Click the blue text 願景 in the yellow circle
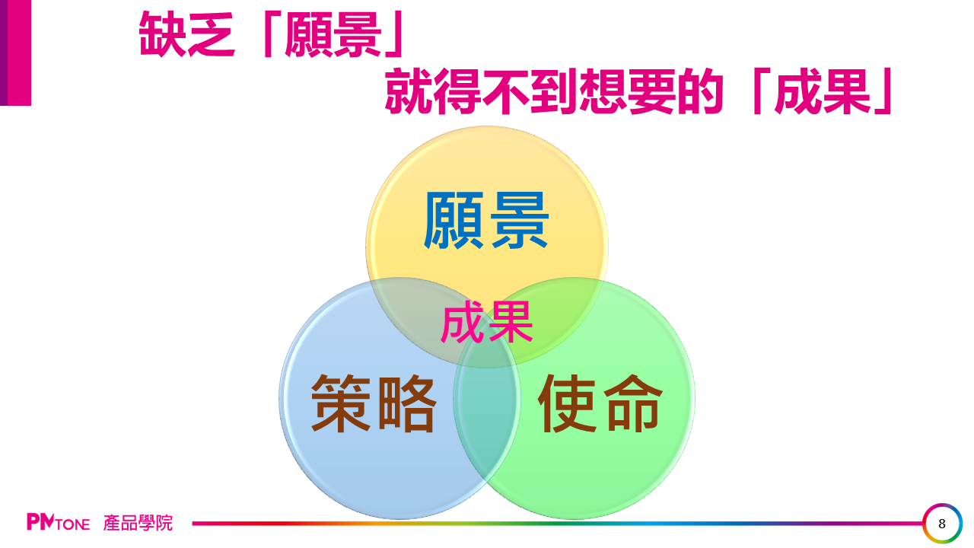point(486,221)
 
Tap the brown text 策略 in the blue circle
point(373,403)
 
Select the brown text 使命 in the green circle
point(600,403)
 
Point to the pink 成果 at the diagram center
point(487,322)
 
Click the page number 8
point(942,524)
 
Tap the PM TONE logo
point(59,522)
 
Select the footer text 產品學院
point(138,523)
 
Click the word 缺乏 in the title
point(187,34)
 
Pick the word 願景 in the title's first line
point(333,34)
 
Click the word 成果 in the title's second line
point(823,91)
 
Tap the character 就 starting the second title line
point(409,91)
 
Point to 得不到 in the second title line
point(506,91)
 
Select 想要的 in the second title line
point(652,91)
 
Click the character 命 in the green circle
point(633,403)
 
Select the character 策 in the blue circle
point(341,403)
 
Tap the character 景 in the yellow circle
point(519,221)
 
